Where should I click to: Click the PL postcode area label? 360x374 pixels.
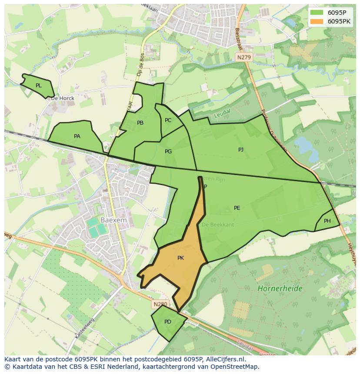39,86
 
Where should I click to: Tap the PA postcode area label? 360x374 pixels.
77,136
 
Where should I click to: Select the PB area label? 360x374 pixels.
140,123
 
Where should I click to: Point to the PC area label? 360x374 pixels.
168,120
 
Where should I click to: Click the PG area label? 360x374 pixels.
168,152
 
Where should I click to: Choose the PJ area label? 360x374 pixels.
241,150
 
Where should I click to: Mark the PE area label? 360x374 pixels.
237,208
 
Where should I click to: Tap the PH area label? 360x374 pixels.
327,221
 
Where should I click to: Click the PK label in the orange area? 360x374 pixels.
180,258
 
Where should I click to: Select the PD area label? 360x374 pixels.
168,322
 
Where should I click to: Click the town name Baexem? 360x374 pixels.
113,220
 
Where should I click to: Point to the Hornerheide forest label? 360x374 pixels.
280,288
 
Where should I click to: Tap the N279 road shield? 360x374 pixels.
244,57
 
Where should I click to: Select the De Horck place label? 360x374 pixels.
63,98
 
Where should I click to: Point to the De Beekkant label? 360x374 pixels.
218,225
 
